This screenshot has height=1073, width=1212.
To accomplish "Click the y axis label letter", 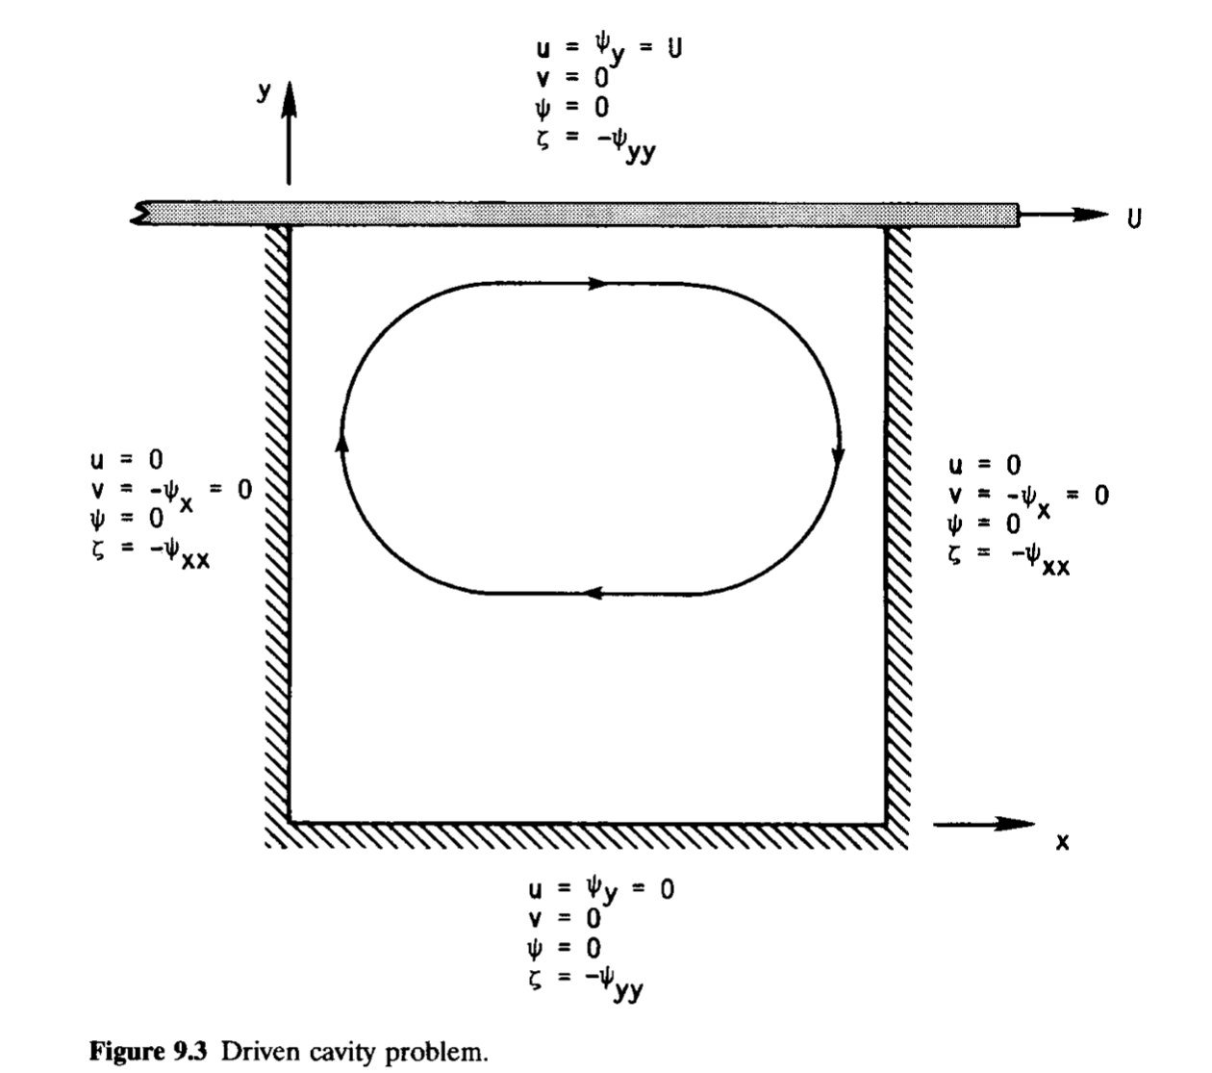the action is pyautogui.click(x=263, y=91).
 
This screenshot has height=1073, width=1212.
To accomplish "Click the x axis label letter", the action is pyautogui.click(x=1061, y=842).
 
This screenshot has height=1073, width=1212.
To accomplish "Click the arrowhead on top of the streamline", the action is pyautogui.click(x=598, y=284).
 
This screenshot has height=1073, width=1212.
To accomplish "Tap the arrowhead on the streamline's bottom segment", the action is pyautogui.click(x=594, y=594).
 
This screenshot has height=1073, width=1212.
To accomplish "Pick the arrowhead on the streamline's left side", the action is pyautogui.click(x=341, y=441).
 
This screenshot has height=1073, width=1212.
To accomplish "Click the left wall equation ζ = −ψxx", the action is pyautogui.click(x=149, y=553).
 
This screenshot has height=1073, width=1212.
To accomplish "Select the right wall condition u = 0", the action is pyautogui.click(x=985, y=466).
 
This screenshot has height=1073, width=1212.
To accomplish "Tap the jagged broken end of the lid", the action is pyautogui.click(x=141, y=214).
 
